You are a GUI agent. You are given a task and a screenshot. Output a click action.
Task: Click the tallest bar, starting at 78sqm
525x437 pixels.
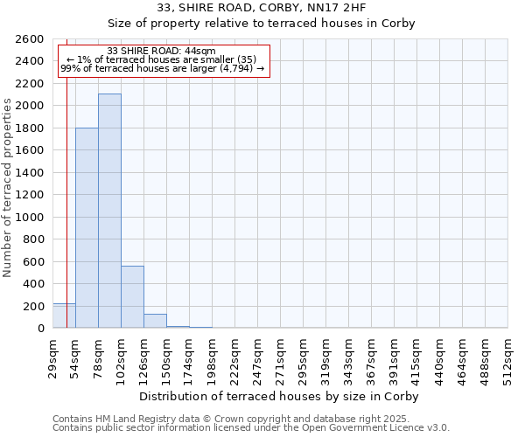[x=109, y=211]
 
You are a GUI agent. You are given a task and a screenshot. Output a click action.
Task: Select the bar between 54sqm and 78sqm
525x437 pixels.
[x=87, y=228]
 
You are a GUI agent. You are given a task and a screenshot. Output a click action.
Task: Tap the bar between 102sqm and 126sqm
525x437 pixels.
[x=132, y=297]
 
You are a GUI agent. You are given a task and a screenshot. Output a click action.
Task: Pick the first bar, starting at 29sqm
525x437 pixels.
[x=64, y=316]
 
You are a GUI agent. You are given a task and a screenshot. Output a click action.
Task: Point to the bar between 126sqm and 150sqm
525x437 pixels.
[x=155, y=321]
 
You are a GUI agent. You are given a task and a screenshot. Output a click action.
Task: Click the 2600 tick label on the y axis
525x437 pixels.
[x=30, y=39]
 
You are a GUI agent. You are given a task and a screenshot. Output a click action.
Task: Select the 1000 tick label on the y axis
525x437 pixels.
[x=30, y=218]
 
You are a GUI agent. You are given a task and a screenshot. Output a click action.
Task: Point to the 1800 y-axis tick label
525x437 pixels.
[x=30, y=128]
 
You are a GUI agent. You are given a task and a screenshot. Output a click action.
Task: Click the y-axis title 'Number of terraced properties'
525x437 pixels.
[x=9, y=188]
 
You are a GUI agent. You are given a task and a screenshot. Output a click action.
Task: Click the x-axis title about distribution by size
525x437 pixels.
[x=280, y=397]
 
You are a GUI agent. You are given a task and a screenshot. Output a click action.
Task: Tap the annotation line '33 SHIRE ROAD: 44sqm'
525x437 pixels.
[x=161, y=51]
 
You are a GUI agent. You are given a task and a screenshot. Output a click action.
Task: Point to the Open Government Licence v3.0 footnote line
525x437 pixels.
[x=251, y=428]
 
